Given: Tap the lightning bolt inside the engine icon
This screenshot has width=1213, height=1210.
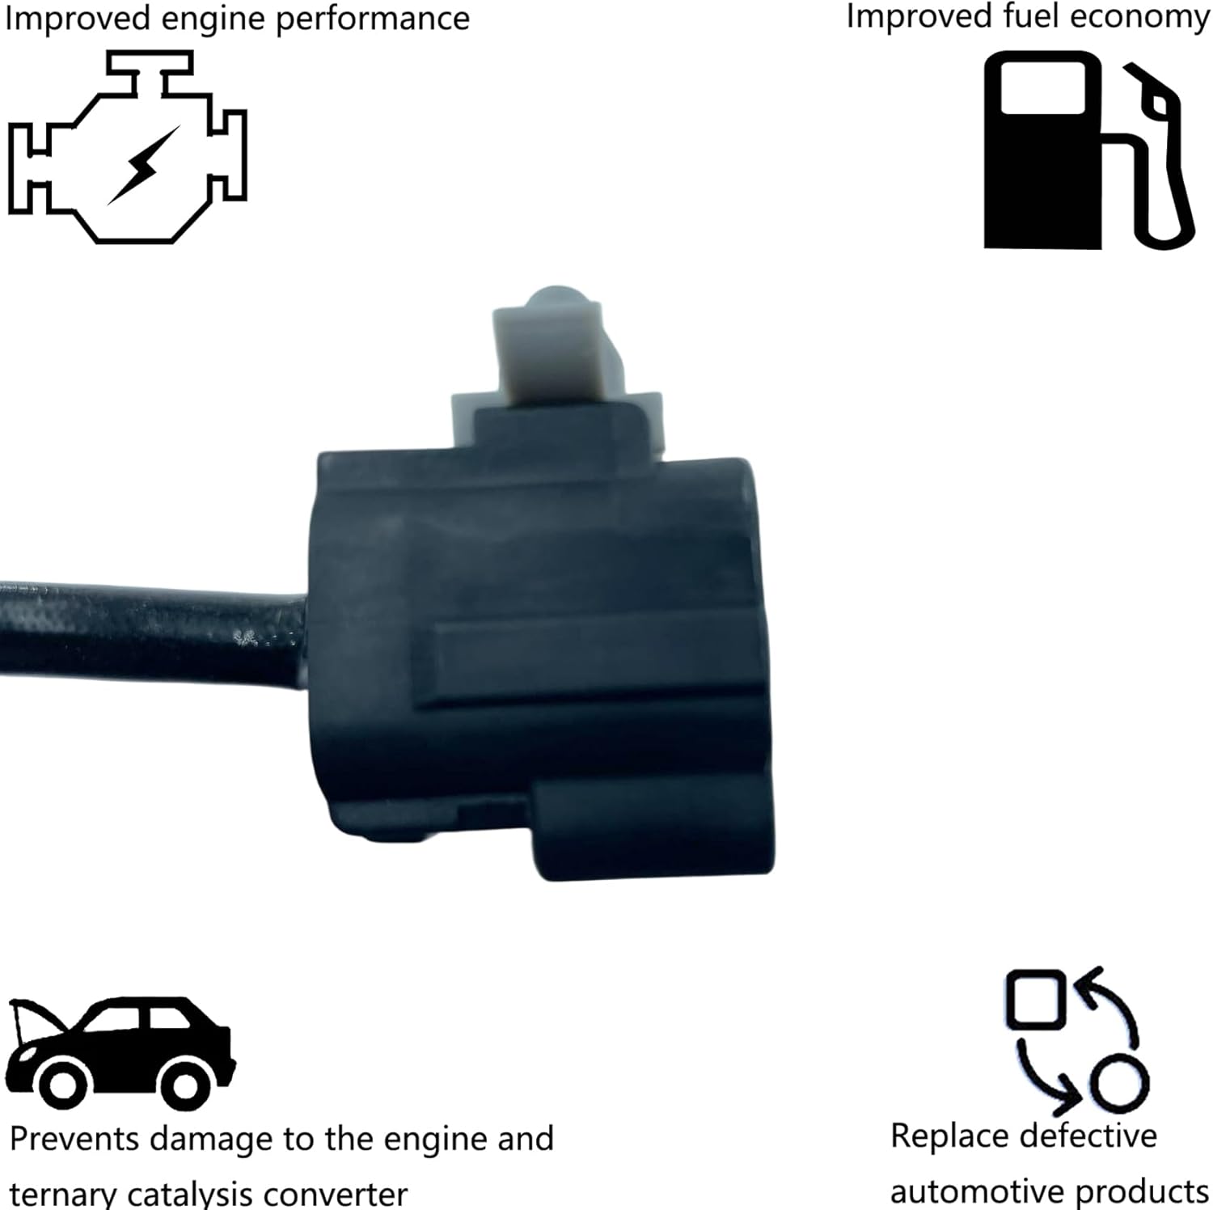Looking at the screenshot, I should point(143,166).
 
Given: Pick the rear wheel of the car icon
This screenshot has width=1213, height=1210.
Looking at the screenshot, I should point(185,1085).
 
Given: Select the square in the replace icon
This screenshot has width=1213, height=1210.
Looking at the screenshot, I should point(1035,1000).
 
